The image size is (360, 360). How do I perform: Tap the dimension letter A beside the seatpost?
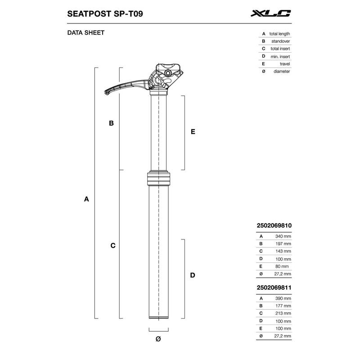coord(86,199)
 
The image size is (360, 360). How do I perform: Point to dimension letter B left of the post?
coord(111,123)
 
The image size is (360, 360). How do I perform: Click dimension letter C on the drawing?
coord(113,246)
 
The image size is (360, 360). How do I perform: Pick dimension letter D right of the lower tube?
coord(192,275)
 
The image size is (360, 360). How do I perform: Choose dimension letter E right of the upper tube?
coord(192,132)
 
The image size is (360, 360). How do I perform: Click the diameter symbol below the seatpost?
coord(158,338)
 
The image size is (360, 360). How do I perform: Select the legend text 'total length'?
coord(279,34)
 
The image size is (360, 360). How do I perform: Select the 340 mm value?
coord(283,236)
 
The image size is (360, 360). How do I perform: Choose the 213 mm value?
coord(283,313)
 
